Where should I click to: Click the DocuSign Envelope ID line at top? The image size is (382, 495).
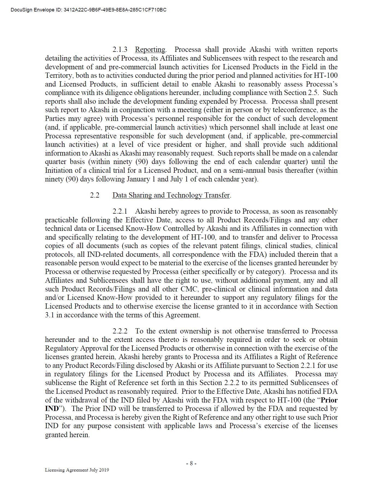[88, 10]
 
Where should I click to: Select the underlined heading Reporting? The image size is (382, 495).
[150, 50]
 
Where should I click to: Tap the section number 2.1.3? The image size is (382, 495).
[120, 50]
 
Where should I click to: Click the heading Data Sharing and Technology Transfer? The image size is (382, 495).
[171, 195]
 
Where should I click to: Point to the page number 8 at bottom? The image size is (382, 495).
[191, 463]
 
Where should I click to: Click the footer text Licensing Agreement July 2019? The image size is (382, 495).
[77, 470]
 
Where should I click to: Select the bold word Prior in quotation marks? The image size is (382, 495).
[329, 400]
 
